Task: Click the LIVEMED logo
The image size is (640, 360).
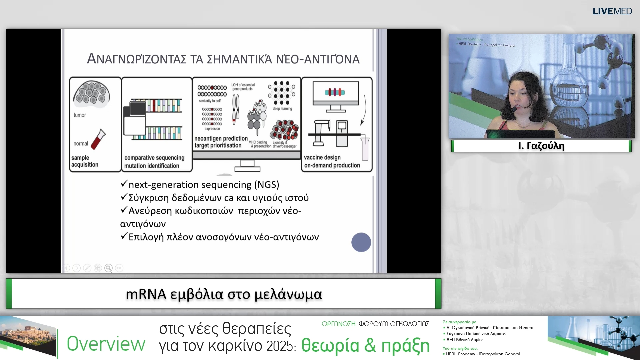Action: pos(612,11)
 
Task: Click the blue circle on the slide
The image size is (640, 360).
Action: pos(361,242)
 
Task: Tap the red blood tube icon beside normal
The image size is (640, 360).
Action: pos(98,139)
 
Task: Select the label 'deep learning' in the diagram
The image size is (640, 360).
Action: pos(282,109)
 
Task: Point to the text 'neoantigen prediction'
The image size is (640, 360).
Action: pos(221,138)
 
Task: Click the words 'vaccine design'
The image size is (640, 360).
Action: pos(322,157)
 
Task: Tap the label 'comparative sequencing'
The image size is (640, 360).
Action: pos(154,158)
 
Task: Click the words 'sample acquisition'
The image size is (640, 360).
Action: pos(84,161)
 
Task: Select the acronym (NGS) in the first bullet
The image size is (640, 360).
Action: pos(267,185)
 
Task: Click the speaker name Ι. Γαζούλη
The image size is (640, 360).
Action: pos(541,146)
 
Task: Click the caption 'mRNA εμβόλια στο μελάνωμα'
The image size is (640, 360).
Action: pos(224,294)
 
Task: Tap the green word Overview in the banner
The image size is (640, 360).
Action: pos(106,344)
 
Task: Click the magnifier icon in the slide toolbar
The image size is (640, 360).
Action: pos(108,268)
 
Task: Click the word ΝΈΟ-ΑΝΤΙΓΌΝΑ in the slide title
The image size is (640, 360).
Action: pos(318,59)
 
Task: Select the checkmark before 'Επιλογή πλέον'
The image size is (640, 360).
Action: pos(124,236)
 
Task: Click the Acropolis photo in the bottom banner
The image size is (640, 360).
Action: pos(28,337)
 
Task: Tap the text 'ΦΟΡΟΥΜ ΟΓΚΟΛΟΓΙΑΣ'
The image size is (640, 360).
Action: pos(394,324)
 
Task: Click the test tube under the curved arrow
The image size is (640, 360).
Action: pos(365,148)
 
